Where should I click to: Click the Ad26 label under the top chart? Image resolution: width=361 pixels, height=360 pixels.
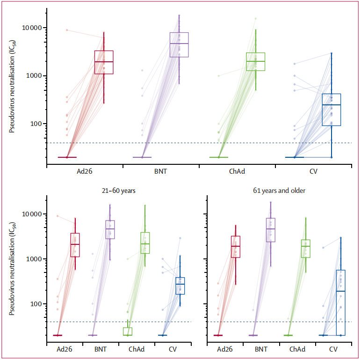click(85, 172)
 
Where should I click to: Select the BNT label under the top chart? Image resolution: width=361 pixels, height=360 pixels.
click(161, 172)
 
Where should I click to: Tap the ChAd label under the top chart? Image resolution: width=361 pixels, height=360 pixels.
click(237, 172)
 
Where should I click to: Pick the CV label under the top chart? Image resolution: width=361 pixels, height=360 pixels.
click(313, 172)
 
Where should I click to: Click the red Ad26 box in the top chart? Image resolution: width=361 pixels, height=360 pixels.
click(104, 62)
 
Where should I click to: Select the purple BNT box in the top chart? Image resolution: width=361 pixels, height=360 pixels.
click(179, 44)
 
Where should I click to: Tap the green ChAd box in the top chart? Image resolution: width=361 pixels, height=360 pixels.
click(255, 61)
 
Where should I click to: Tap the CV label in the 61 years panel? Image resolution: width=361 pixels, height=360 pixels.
click(333, 350)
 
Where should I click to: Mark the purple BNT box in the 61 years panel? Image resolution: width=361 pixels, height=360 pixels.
click(270, 230)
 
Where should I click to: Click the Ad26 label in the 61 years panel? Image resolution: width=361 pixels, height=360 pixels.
click(225, 350)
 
